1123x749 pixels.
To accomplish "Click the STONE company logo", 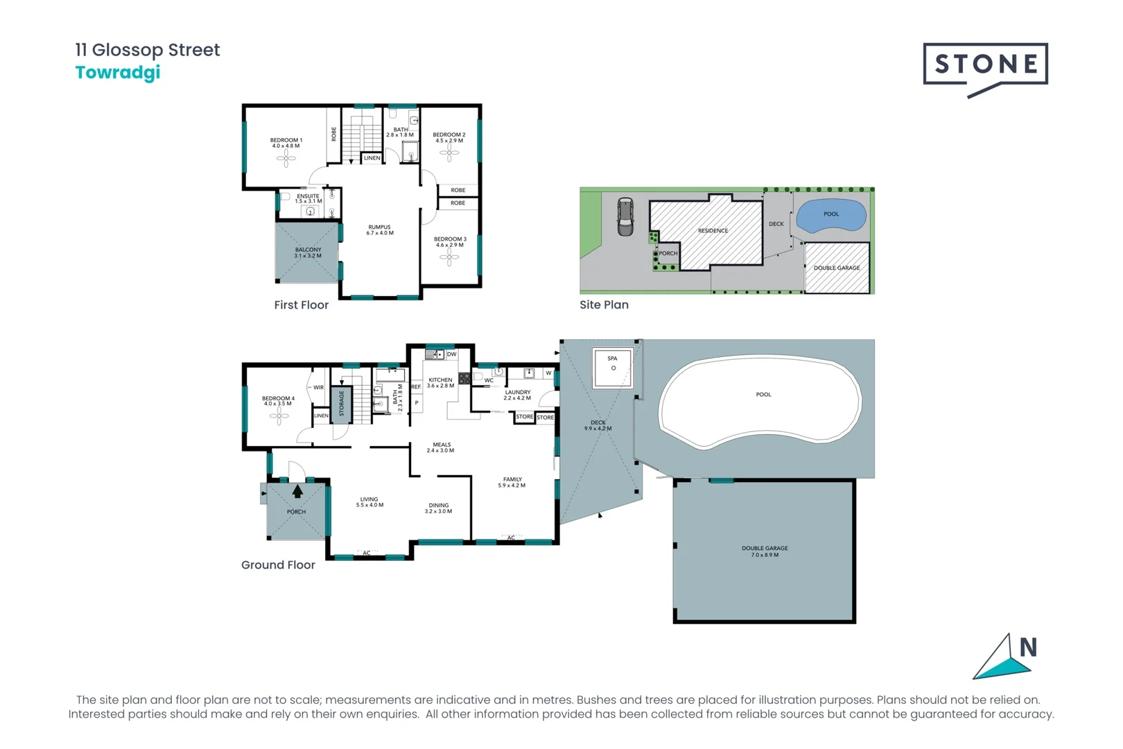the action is (985, 70).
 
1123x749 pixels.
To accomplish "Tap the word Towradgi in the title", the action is (118, 73).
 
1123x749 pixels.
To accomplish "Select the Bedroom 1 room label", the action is (286, 143).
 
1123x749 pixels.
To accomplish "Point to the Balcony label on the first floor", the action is (308, 252).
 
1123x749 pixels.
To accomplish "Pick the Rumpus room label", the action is (379, 230).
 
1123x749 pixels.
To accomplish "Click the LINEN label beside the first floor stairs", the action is (372, 158).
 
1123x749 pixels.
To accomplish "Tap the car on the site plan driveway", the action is (625, 216).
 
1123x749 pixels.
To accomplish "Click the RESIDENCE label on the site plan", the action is (713, 231).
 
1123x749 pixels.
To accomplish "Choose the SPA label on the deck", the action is (612, 358).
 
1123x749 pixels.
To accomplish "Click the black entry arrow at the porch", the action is (297, 491).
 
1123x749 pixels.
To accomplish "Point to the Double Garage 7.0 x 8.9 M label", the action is (765, 551).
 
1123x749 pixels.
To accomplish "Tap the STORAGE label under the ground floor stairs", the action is (342, 404).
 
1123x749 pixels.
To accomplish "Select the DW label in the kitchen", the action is (452, 354).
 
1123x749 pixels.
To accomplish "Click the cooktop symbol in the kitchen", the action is (464, 378).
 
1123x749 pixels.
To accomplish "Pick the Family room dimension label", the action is (512, 485).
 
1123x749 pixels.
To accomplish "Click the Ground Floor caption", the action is (278, 565).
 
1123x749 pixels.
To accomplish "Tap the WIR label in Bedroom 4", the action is (318, 387).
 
